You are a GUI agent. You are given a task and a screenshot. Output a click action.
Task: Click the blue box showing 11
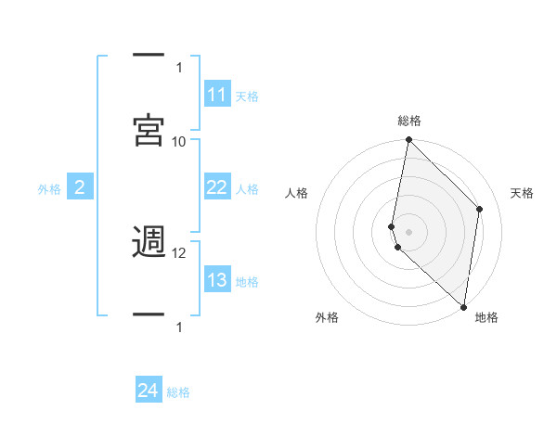pyautogui.click(x=217, y=95)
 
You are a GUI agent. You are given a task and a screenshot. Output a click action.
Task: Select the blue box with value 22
pyautogui.click(x=217, y=187)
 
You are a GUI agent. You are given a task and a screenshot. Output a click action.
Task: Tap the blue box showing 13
pyautogui.click(x=217, y=280)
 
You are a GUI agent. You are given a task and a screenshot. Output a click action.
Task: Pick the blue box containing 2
pyautogui.click(x=80, y=188)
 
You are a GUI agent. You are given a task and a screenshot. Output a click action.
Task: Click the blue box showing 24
pyautogui.click(x=149, y=391)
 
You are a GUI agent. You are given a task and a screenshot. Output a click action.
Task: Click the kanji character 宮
pyautogui.click(x=149, y=130)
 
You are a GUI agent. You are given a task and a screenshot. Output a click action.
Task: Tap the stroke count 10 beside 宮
pyautogui.click(x=179, y=141)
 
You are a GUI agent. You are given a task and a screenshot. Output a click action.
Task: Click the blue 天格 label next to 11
pyautogui.click(x=247, y=96)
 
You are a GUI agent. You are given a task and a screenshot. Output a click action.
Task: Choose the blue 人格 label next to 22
pyautogui.click(x=247, y=188)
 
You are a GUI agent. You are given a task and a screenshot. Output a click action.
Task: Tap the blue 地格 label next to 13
pyautogui.click(x=247, y=281)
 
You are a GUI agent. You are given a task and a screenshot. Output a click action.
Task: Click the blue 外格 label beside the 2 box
pyautogui.click(x=49, y=189)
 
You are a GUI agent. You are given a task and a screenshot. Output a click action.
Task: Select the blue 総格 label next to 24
pyautogui.click(x=178, y=392)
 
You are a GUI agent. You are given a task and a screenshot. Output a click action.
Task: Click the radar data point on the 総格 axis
pyautogui.click(x=408, y=140)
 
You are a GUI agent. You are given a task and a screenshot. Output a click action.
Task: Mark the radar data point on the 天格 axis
pyautogui.click(x=480, y=209)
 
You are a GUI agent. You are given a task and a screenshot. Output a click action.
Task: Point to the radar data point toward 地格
pyautogui.click(x=463, y=307)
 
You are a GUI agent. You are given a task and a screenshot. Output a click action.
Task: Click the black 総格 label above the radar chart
pyautogui.click(x=409, y=121)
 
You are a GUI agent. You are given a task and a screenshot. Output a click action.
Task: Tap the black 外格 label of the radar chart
pyautogui.click(x=327, y=317)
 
